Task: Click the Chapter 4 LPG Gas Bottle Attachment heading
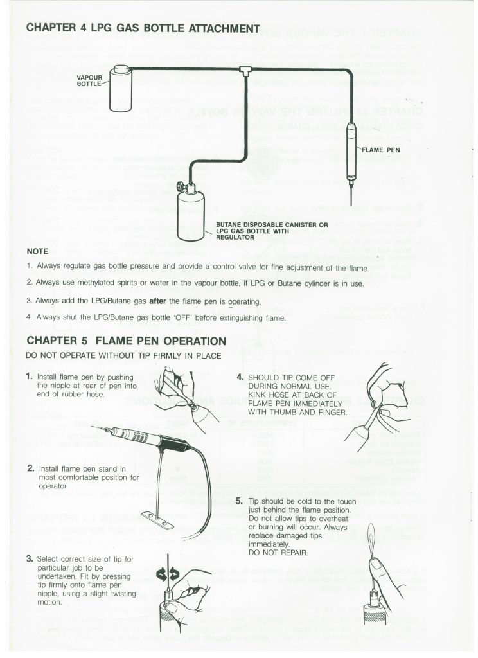point(142,28)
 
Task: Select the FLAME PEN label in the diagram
point(383,150)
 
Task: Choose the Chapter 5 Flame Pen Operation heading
point(125,341)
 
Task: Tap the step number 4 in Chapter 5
point(240,378)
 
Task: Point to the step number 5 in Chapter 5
point(240,501)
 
